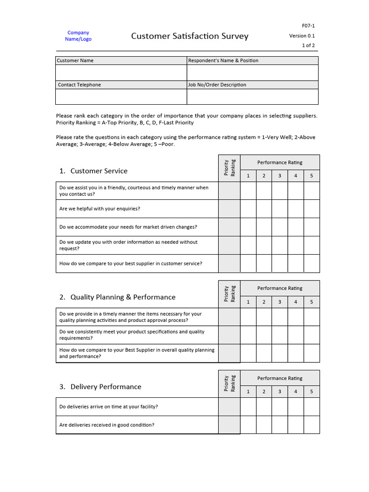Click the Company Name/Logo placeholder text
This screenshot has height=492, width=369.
(x=78, y=36)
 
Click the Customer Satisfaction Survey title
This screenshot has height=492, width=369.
(x=190, y=37)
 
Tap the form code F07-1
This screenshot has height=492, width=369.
(x=308, y=25)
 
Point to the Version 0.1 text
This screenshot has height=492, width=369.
(x=302, y=36)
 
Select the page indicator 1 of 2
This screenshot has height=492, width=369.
(x=308, y=46)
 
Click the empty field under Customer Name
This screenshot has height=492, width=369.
(x=121, y=73)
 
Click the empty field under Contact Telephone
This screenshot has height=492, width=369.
(x=121, y=97)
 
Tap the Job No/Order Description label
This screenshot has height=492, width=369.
(x=217, y=85)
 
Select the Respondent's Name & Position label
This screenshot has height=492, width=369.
(x=223, y=61)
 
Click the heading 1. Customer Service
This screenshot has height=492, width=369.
(x=94, y=171)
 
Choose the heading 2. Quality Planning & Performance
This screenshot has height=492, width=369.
(x=118, y=297)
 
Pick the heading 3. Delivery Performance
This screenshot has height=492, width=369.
(x=100, y=387)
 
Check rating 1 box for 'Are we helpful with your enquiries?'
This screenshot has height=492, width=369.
(x=248, y=209)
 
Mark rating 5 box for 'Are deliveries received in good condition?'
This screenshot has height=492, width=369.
(x=311, y=425)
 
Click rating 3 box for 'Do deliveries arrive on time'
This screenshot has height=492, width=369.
(x=280, y=407)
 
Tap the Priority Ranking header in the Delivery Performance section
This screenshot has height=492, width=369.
(x=229, y=383)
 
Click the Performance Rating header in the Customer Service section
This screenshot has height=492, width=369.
(x=280, y=162)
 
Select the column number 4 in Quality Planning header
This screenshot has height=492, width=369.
(x=295, y=302)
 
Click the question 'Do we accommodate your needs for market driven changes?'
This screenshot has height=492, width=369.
(x=128, y=227)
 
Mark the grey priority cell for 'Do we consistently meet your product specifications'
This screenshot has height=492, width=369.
(x=229, y=335)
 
